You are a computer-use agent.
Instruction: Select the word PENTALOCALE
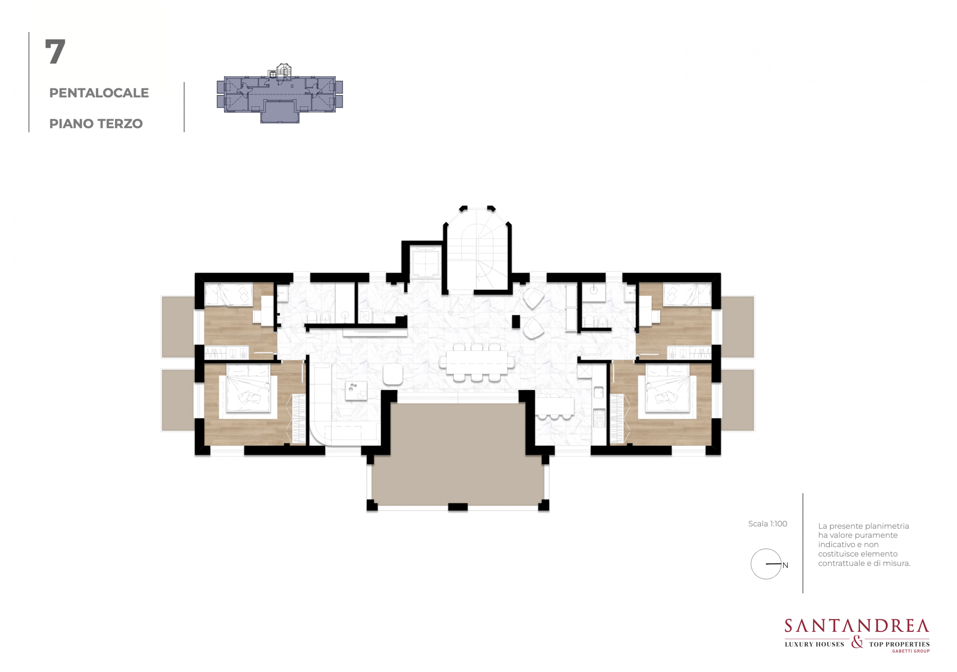tap(99, 93)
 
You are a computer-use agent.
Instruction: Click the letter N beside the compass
tap(785, 565)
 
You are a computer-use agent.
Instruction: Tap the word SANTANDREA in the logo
tap(857, 626)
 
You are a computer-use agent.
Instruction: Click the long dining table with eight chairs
tap(476, 362)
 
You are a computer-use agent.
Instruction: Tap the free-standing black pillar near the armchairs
tap(516, 321)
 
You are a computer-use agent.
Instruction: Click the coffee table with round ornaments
tap(356, 391)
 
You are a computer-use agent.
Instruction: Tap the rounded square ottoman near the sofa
tap(393, 374)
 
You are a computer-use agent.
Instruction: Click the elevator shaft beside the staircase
tap(425, 263)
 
